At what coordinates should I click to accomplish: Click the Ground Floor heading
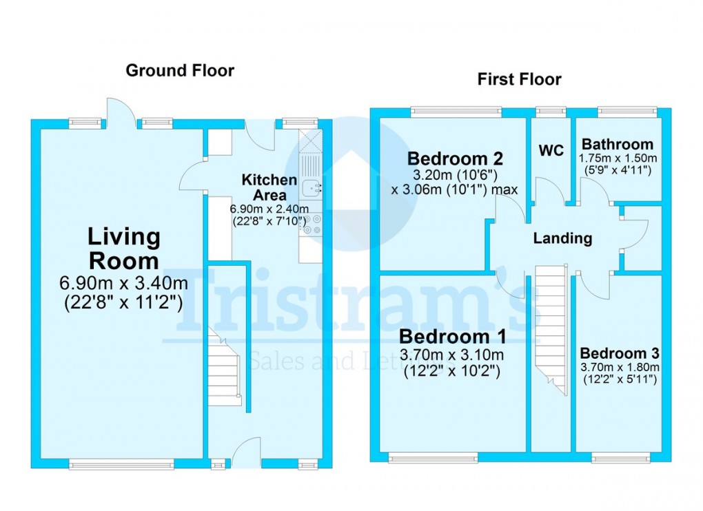(179, 70)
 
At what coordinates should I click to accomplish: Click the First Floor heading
(519, 79)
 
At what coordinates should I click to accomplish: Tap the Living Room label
(123, 249)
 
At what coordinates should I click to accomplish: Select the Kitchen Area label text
(269, 187)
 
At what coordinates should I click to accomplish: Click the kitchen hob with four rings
(312, 225)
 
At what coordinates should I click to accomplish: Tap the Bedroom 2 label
(455, 158)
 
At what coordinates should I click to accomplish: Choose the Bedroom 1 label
(453, 337)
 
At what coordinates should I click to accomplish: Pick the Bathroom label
(618, 145)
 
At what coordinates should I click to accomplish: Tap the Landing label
(562, 238)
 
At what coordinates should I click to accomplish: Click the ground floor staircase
(225, 372)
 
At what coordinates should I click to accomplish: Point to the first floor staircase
(551, 327)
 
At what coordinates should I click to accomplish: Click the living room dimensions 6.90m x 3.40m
(123, 283)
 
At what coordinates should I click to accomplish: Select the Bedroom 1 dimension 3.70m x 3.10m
(453, 355)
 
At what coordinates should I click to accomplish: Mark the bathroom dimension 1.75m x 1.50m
(618, 158)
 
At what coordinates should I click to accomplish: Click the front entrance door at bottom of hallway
(246, 455)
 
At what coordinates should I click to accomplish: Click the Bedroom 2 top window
(456, 111)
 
